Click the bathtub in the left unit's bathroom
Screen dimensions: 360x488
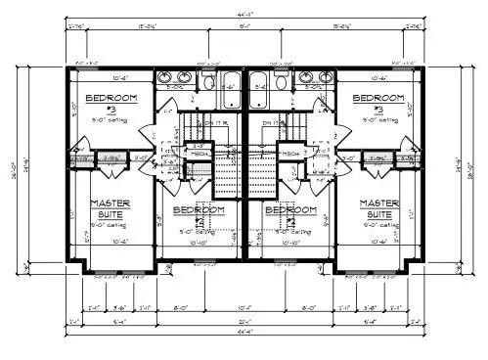click(231, 82)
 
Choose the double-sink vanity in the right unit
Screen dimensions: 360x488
click(315, 77)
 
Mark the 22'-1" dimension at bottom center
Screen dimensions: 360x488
click(244, 319)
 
